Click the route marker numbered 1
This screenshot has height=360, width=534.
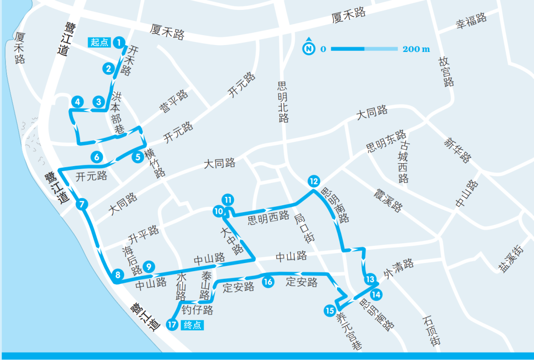pyautogui.click(x=119, y=43)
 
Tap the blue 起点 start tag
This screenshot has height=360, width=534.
pyautogui.click(x=100, y=43)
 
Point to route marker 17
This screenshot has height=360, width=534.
pyautogui.click(x=172, y=325)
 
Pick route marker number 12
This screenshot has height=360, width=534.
pyautogui.click(x=313, y=180)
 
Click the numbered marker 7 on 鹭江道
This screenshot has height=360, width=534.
pyautogui.click(x=82, y=203)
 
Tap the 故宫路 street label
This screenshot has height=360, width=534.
pyautogui.click(x=445, y=71)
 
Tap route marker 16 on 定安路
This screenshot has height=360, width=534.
pyautogui.click(x=267, y=282)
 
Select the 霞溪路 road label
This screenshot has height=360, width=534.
pyautogui.click(x=388, y=198)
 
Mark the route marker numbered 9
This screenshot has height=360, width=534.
pyautogui.click(x=148, y=267)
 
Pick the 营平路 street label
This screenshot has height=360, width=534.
pyautogui.click(x=174, y=102)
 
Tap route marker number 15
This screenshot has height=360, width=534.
pyautogui.click(x=330, y=311)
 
